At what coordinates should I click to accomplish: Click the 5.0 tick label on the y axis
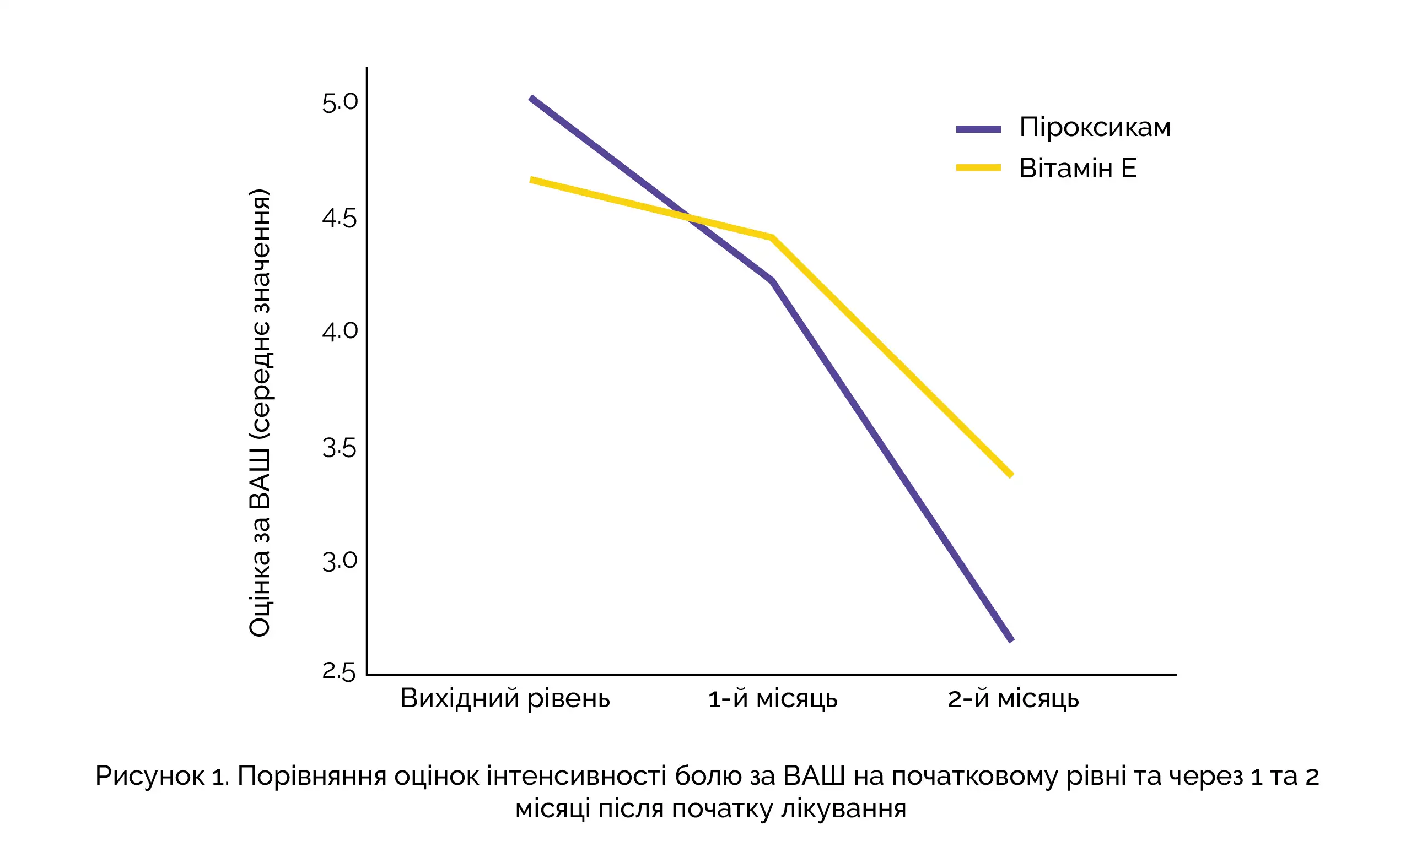(340, 103)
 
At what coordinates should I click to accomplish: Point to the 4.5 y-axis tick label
(340, 218)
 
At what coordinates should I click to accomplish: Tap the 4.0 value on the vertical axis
(340, 331)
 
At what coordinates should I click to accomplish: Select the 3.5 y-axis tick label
(340, 448)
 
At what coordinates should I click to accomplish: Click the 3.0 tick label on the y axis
(340, 562)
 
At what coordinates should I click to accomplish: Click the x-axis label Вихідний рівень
(505, 699)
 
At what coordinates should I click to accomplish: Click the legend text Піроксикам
(1095, 127)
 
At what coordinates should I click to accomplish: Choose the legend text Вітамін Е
(1078, 169)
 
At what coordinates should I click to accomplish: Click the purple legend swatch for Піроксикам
(978, 129)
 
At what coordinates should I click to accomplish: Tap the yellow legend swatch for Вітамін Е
(978, 168)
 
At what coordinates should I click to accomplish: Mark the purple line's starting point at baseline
(532, 98)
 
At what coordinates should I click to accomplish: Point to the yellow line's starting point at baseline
(532, 180)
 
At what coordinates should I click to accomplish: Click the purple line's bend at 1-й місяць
(772, 281)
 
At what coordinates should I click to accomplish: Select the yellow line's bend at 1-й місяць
(772, 237)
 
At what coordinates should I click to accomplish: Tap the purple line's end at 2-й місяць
(1011, 640)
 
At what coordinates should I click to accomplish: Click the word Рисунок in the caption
(149, 776)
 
